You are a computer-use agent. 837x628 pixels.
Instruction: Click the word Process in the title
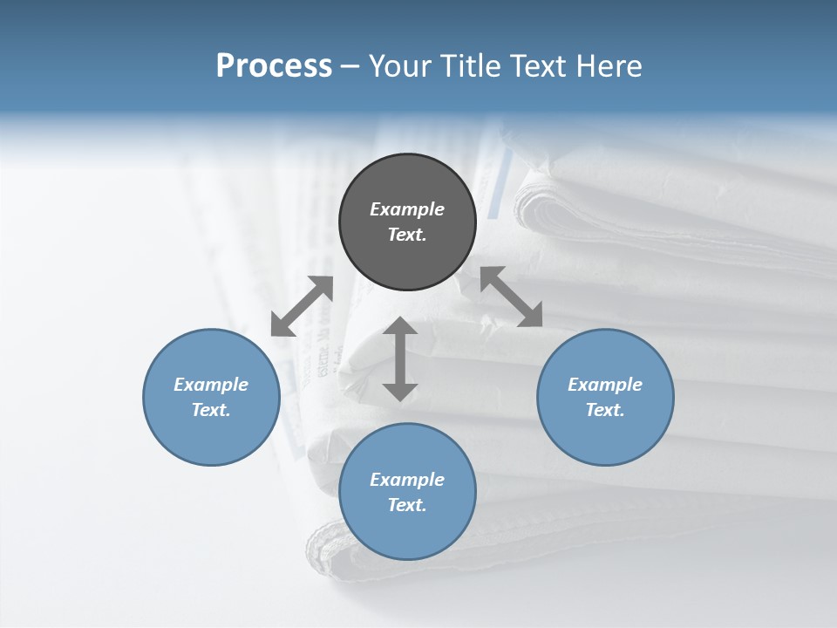click(274, 66)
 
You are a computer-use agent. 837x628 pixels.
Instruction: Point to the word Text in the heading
click(536, 66)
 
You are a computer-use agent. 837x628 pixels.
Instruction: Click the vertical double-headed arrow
click(400, 358)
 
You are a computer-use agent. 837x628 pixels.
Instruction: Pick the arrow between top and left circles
click(303, 306)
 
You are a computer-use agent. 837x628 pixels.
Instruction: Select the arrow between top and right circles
click(512, 297)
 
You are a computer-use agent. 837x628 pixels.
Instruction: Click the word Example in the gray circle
click(407, 209)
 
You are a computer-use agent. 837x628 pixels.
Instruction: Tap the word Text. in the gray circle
click(407, 235)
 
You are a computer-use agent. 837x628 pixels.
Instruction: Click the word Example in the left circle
click(211, 385)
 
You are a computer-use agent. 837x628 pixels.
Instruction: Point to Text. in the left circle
click(211, 410)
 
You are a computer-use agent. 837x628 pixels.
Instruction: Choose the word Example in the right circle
click(605, 385)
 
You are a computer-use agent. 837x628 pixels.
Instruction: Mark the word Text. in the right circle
click(605, 410)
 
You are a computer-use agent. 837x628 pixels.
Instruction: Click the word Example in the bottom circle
click(407, 480)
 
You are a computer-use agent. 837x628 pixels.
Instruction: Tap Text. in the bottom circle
click(407, 505)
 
